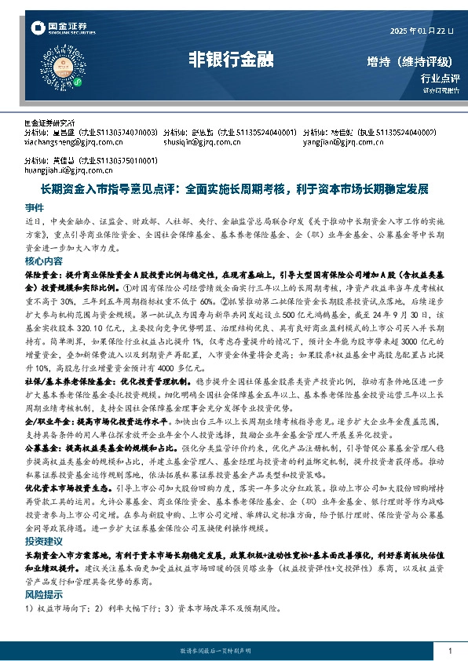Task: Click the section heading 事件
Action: point(34,208)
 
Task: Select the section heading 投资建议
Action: point(44,542)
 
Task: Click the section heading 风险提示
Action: point(44,594)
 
